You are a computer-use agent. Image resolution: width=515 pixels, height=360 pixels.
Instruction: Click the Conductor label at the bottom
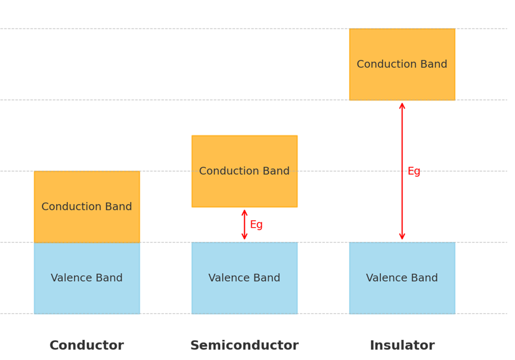[87, 346]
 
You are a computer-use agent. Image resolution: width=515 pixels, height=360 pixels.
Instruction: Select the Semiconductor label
[244, 346]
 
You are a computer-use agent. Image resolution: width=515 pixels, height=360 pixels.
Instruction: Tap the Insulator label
[402, 346]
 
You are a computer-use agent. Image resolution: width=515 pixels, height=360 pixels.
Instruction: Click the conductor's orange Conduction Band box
[87, 193]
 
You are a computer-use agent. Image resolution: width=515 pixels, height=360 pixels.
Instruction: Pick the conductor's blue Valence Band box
[87, 293]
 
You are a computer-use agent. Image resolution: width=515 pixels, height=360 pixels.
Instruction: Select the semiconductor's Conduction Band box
[244, 156]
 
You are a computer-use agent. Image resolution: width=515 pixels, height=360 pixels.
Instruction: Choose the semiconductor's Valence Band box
[244, 293]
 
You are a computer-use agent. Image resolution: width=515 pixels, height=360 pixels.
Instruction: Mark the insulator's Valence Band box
[402, 293]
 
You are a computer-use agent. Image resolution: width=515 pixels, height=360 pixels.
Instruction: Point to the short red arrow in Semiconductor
[244, 225]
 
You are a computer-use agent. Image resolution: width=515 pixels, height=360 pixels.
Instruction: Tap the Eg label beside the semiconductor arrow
[256, 225]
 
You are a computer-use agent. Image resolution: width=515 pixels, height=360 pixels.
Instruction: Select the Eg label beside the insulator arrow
[414, 172]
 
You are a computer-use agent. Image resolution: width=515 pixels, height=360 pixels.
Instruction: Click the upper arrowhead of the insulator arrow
[402, 105]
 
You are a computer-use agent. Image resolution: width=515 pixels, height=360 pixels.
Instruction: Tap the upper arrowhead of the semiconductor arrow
[244, 212]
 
